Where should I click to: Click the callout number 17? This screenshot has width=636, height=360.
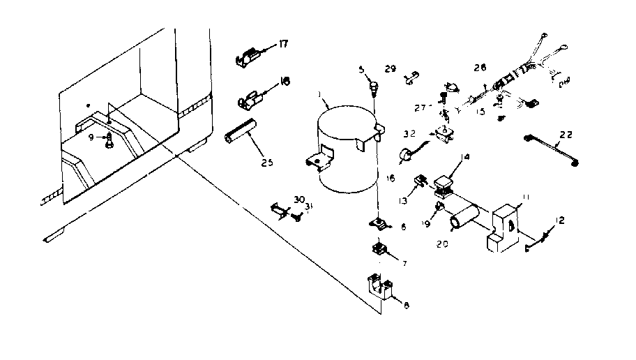pos(283,43)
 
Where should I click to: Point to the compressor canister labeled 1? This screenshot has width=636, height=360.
pos(345,150)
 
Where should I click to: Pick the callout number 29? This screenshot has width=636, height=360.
pos(390,68)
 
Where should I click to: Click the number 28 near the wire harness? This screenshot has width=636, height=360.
pos(478,67)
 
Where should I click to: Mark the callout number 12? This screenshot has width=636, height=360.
pos(561,220)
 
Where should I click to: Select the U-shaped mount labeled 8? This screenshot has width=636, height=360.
pos(381,287)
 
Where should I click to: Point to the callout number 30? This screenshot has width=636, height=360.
pos(298,200)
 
